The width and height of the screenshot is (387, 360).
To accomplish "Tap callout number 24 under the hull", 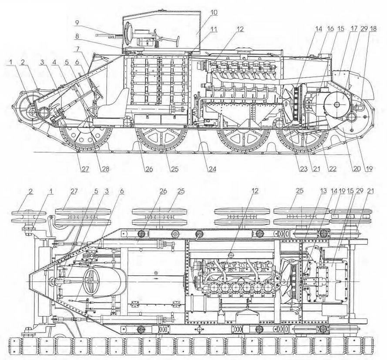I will point(212,169).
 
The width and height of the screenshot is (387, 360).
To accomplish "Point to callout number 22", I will point(333,169).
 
